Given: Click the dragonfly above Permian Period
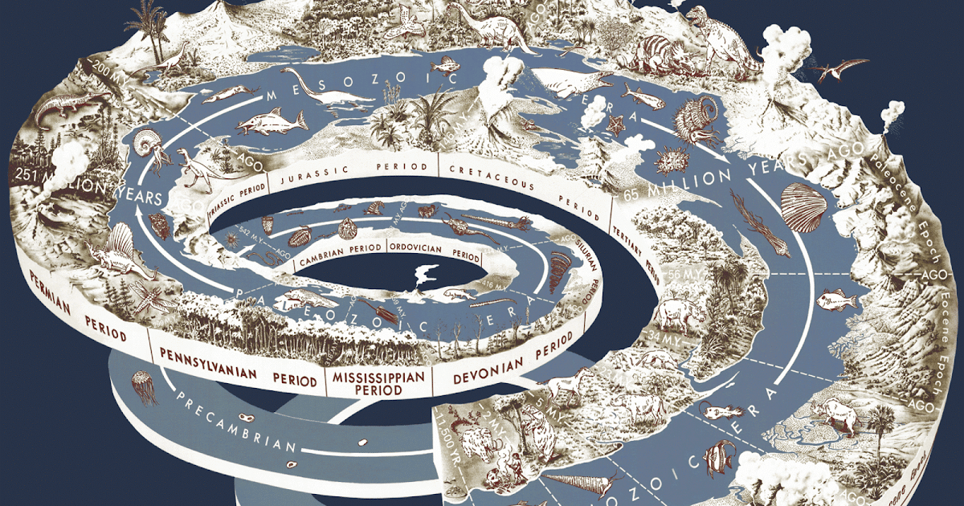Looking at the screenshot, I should click(x=153, y=298).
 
